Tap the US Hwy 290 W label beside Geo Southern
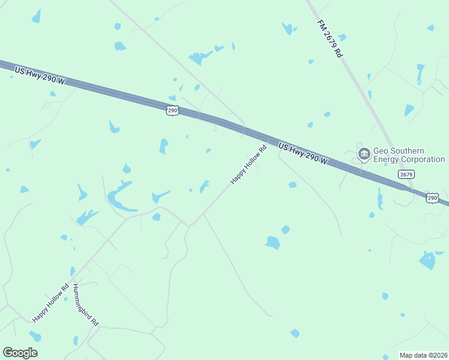pyautogui.click(x=303, y=153)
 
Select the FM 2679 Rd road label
pyautogui.click(x=330, y=38)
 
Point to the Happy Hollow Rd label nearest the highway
pyautogui.click(x=248, y=165)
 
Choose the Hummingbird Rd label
pyautogui.click(x=85, y=305)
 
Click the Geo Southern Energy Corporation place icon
pyautogui.click(x=364, y=155)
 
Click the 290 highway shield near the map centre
pyautogui.click(x=172, y=110)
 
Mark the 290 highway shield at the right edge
pyautogui.click(x=432, y=197)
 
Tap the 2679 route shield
pyautogui.click(x=406, y=174)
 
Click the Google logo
pyautogui.click(x=20, y=353)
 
